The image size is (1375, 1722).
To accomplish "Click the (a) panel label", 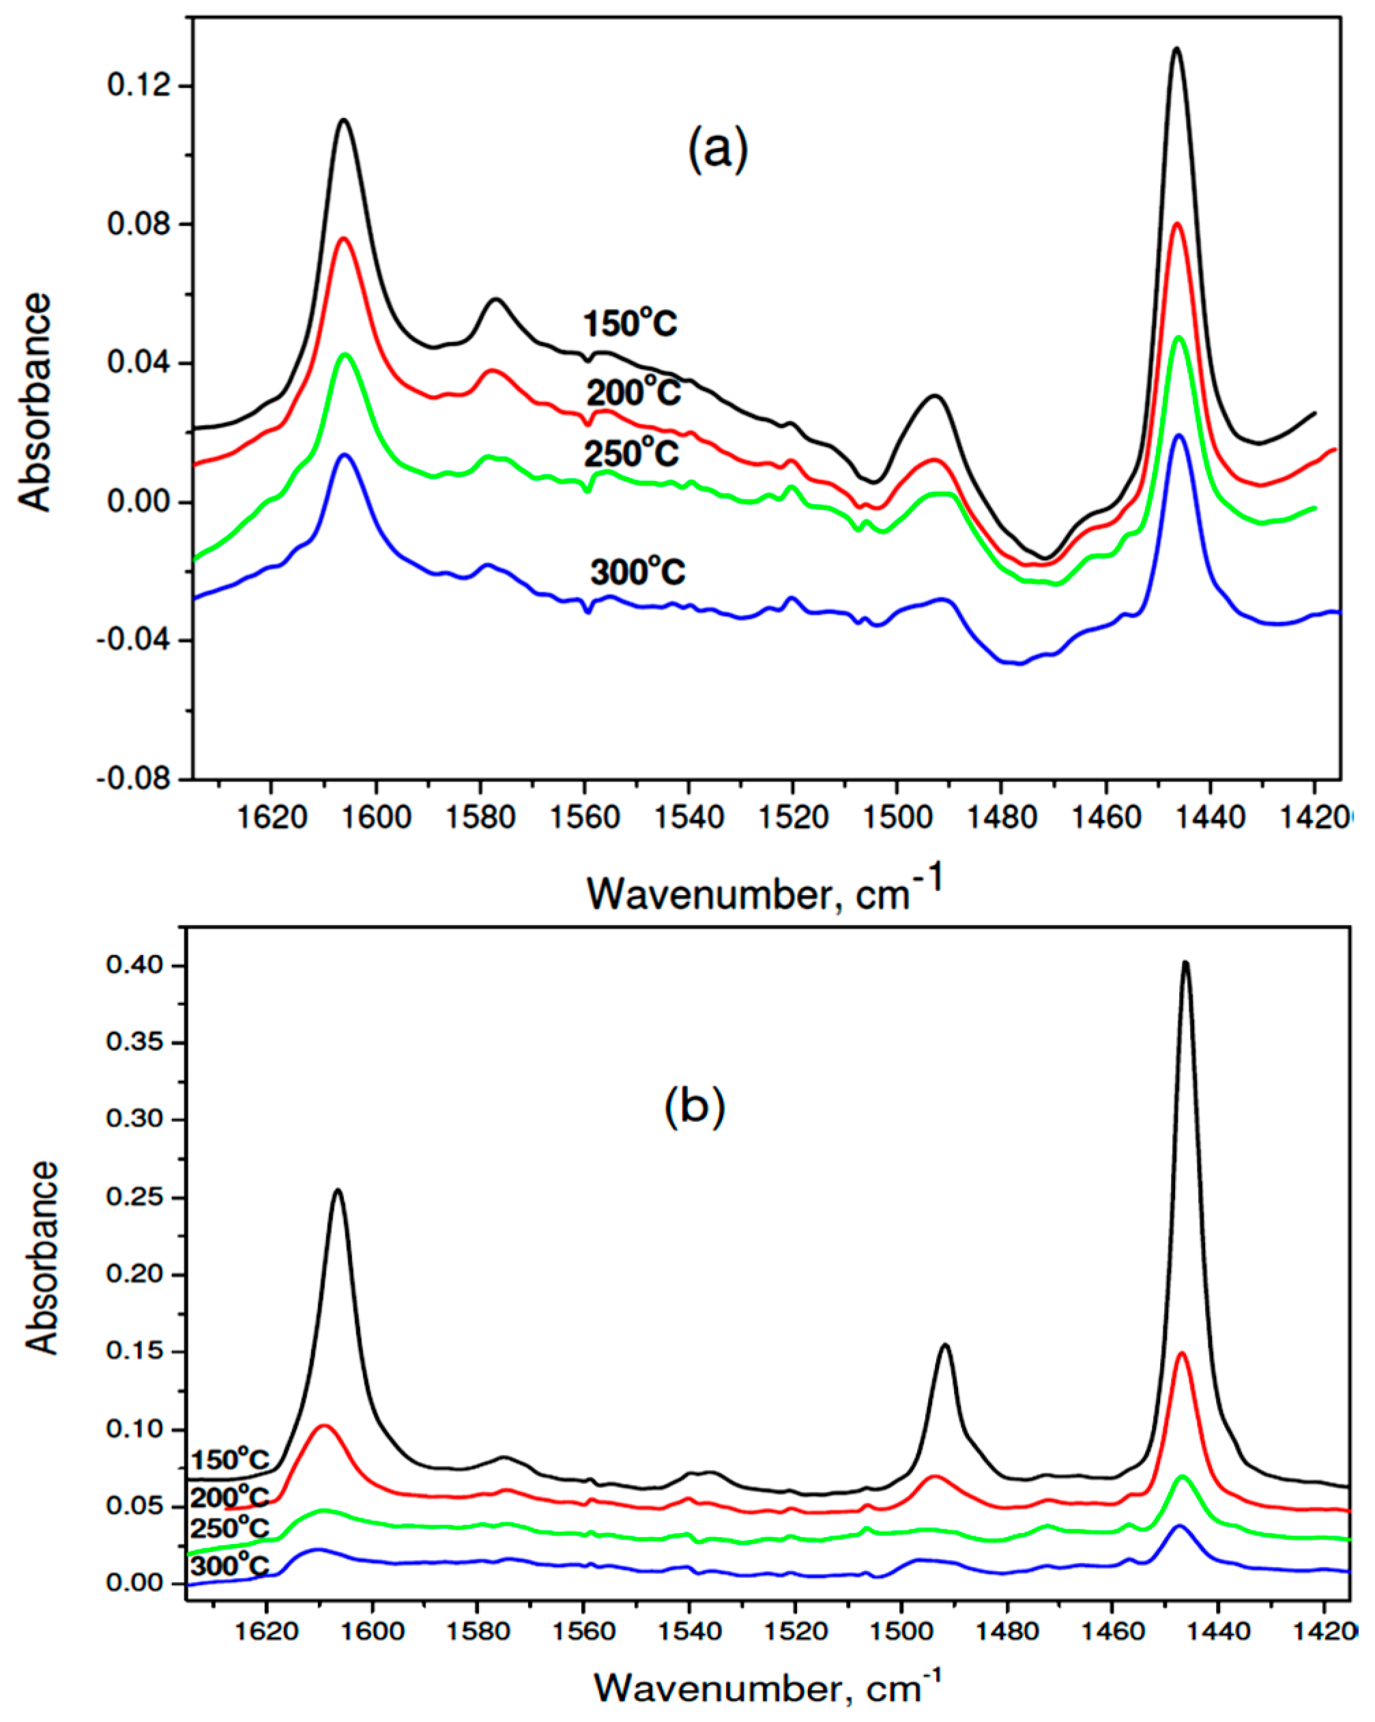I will coord(717,149).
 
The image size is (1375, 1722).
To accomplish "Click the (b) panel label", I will coord(694,1105).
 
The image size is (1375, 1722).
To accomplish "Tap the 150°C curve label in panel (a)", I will coord(631,323).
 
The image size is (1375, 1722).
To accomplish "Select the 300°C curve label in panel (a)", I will coord(637,572).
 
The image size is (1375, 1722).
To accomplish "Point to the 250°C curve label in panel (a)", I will coord(631,454).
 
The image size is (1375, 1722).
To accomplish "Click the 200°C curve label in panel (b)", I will coord(229,1497).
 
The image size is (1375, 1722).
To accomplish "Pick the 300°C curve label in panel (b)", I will coord(229,1566).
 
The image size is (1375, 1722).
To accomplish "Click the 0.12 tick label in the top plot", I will coord(140,85).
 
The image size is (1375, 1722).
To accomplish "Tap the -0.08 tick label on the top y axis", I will coord(135,778).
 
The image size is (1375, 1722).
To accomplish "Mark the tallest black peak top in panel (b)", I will coord(1185,963).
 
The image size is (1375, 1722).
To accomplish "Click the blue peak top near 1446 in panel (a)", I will coord(1178,436).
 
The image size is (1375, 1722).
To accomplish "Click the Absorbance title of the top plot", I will coord(36,402).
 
